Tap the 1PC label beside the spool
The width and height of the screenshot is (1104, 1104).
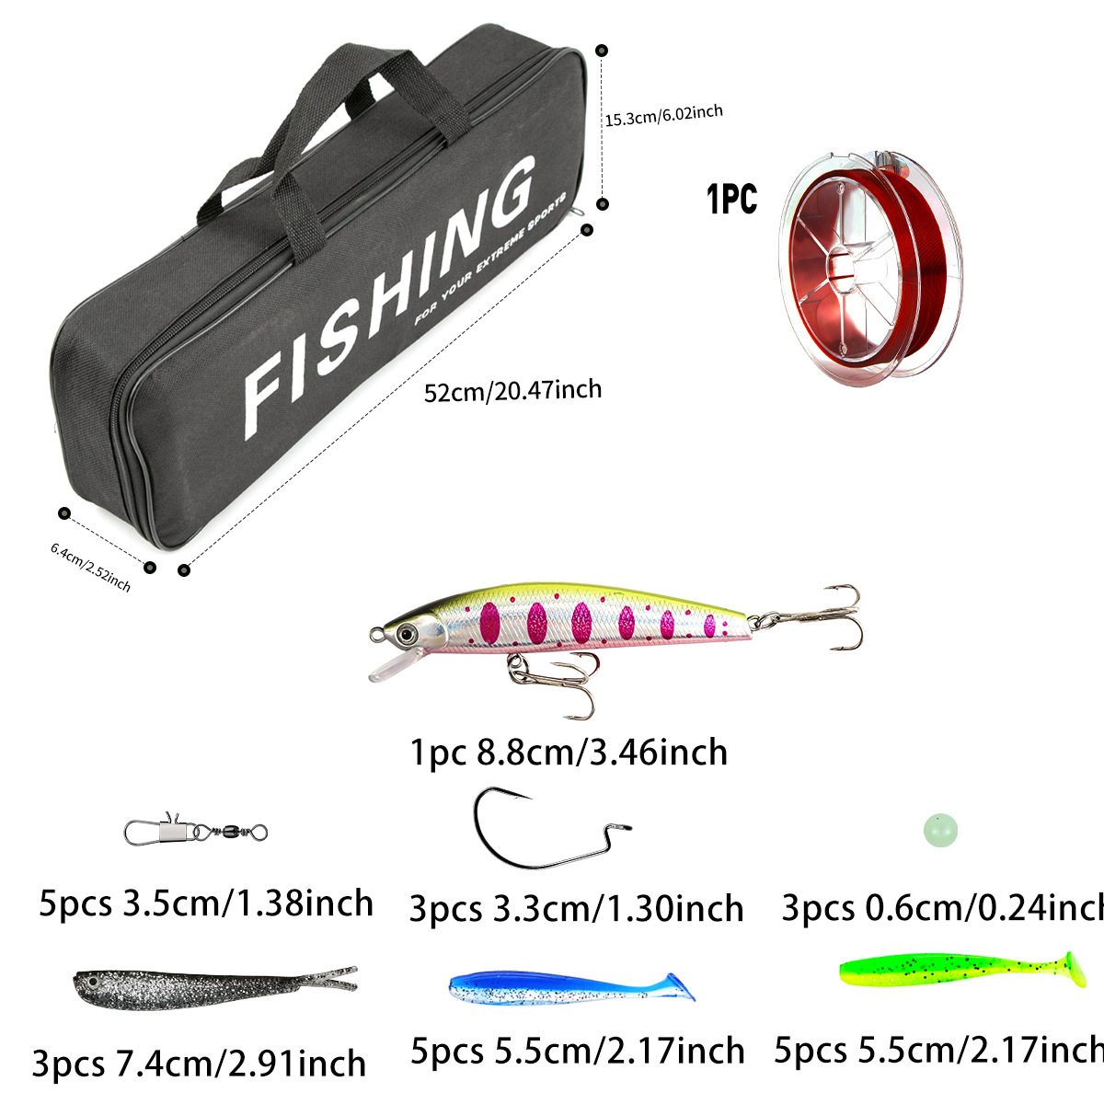point(731,199)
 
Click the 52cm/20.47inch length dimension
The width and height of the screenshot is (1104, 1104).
point(512,390)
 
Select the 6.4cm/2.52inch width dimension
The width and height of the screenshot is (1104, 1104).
point(90,566)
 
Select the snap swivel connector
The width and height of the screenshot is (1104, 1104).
point(195,832)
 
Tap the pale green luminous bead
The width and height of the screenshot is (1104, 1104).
point(940,832)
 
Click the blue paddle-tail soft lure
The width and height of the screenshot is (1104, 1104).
point(570,986)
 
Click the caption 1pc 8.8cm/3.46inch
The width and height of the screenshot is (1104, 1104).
point(569,753)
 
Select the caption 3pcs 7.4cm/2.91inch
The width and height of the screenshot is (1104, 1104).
point(199,1064)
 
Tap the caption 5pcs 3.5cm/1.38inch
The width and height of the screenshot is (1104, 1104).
point(206,903)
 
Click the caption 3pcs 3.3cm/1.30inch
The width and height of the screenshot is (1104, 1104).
point(576,909)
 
